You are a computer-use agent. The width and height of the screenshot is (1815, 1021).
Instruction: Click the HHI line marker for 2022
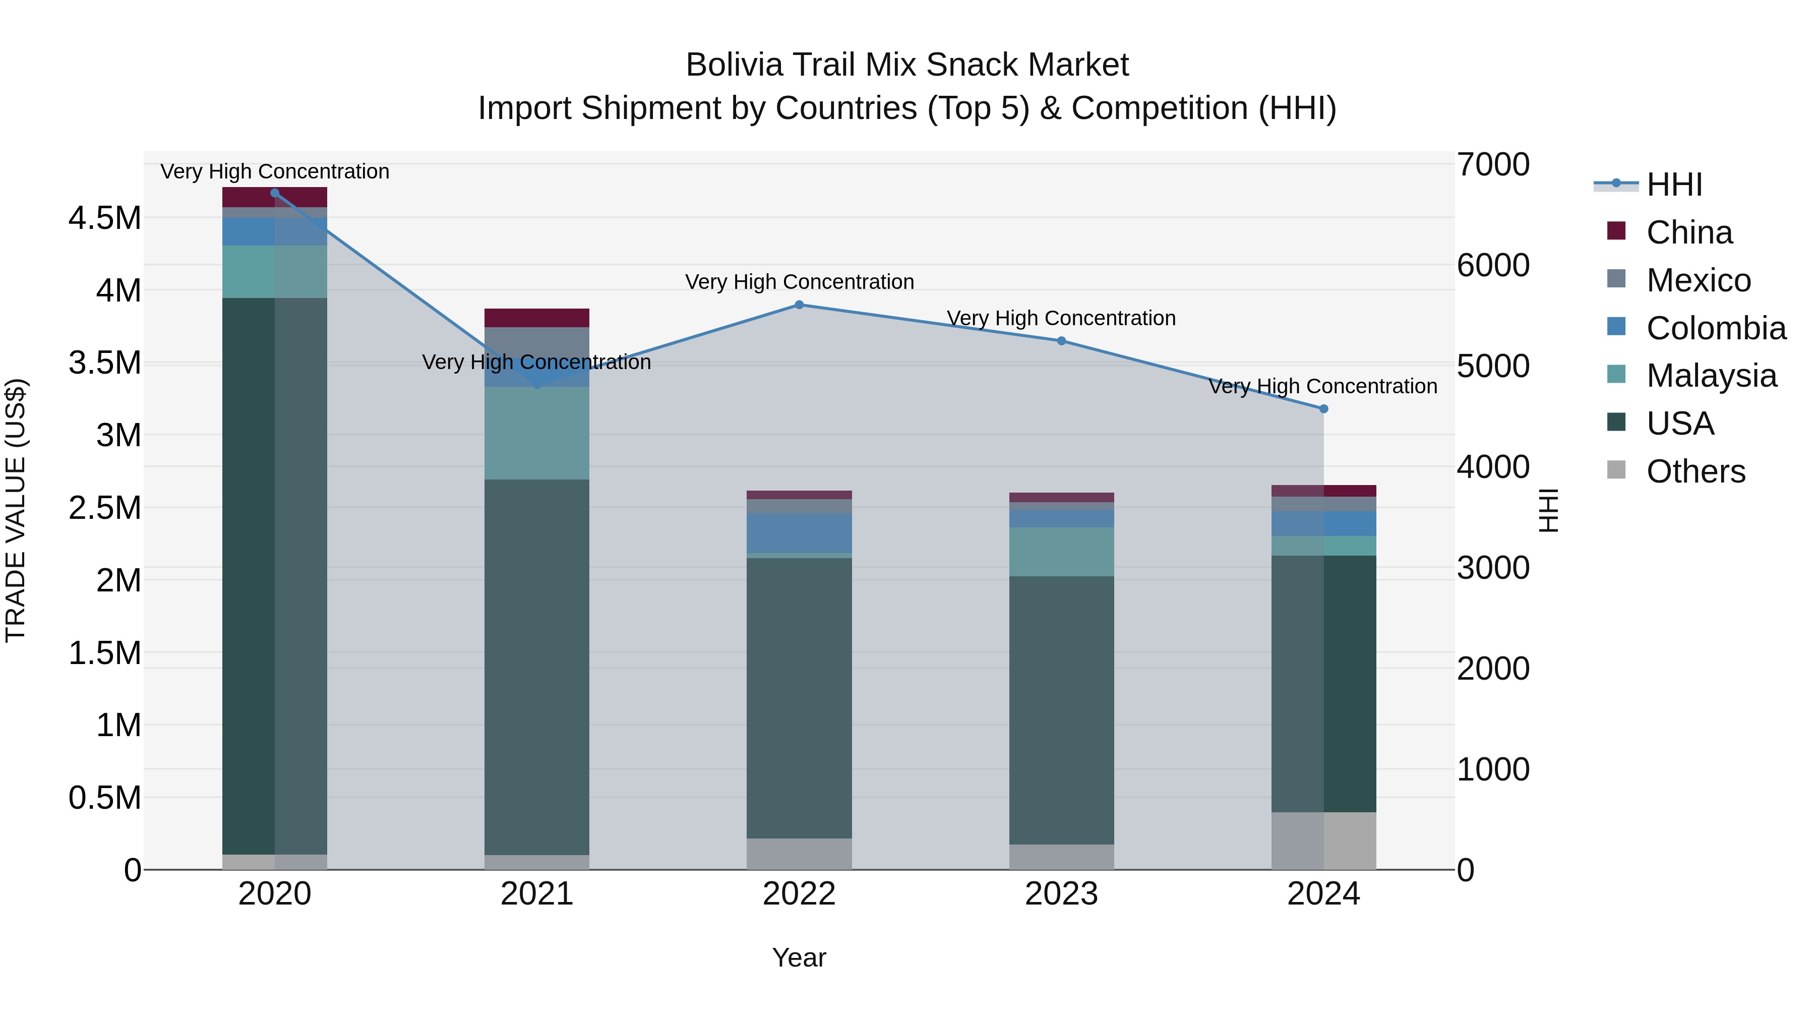(x=799, y=305)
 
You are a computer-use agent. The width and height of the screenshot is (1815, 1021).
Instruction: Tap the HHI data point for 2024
(x=1323, y=409)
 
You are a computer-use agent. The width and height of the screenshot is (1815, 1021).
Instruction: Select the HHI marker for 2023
(x=1061, y=341)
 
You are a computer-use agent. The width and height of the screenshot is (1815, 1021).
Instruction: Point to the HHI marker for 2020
(x=275, y=193)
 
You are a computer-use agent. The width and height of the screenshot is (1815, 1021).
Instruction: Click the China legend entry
(x=1689, y=232)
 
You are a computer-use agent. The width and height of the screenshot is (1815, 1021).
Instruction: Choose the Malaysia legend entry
(x=1711, y=376)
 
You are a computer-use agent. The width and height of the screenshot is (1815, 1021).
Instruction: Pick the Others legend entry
(x=1695, y=471)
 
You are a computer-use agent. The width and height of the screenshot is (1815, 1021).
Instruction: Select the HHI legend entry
(x=1673, y=185)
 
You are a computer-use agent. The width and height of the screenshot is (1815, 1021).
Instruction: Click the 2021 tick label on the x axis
(x=537, y=894)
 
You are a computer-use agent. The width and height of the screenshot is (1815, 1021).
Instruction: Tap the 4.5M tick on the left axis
(x=105, y=218)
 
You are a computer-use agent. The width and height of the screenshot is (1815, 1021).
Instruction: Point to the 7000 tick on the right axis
(x=1493, y=165)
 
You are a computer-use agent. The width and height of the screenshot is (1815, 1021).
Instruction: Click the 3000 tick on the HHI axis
(x=1493, y=568)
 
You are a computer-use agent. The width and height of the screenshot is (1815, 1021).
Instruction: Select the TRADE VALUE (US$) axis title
(x=16, y=510)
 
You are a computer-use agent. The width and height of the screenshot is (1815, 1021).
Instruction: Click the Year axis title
(x=799, y=957)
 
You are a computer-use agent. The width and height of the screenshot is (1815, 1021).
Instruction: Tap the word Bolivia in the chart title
(x=734, y=65)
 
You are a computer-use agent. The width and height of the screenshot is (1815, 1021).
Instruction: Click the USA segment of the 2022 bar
(x=799, y=698)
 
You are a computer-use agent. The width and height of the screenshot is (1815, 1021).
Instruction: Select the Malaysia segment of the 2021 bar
(x=537, y=433)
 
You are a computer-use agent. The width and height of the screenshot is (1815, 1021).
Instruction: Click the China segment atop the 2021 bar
(x=537, y=318)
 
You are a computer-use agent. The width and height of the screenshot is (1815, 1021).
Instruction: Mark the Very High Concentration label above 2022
(x=799, y=282)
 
